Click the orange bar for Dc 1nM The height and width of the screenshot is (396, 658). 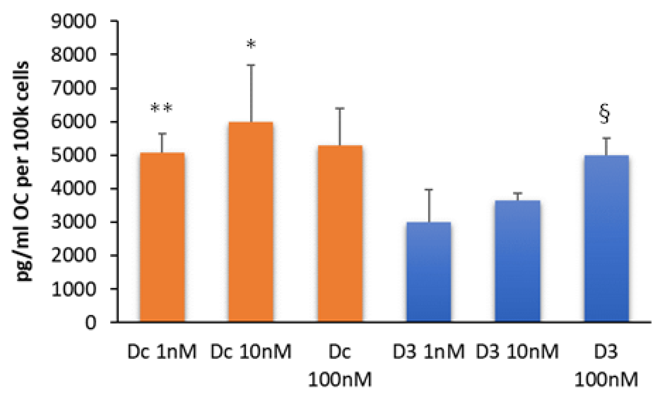(162, 237)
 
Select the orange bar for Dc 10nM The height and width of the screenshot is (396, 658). (251, 222)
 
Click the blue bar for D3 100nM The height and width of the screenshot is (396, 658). (606, 238)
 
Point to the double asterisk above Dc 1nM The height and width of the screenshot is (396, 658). (162, 108)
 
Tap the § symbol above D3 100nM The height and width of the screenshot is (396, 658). (604, 113)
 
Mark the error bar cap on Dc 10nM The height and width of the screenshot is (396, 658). (251, 65)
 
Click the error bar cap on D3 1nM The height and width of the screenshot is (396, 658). (429, 190)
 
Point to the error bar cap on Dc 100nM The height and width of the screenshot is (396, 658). (340, 109)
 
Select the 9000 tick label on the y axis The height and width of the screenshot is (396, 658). (73, 21)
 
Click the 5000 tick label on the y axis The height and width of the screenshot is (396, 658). (73, 155)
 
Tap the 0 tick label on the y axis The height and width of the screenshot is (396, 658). (91, 323)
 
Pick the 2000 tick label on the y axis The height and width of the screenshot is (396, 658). (73, 256)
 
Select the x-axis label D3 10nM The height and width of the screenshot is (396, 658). (517, 351)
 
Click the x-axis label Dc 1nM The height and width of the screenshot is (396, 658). (162, 351)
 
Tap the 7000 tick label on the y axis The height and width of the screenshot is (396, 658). (73, 88)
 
